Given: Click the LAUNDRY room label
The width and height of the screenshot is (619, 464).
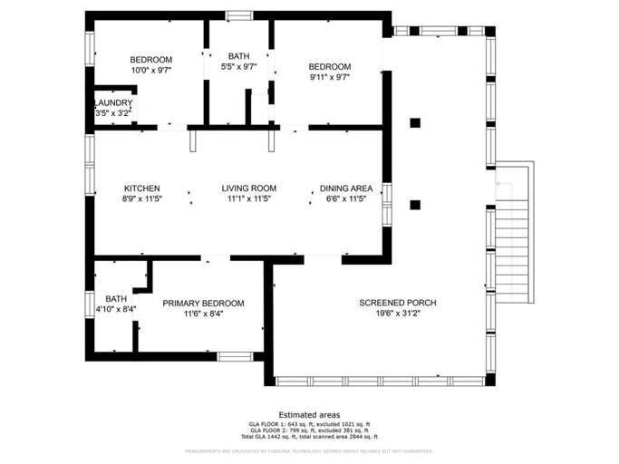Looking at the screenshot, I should coord(114,103).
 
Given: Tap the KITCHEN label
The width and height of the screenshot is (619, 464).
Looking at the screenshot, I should coord(142,188).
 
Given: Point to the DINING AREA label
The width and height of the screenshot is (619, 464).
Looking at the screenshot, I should coord(347,188).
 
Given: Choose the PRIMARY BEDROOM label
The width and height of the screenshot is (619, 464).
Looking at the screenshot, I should coord(203,304).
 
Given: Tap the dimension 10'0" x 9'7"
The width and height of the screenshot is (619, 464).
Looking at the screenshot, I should coord(151,70).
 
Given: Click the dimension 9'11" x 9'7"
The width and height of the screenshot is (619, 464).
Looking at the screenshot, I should coord(329,77).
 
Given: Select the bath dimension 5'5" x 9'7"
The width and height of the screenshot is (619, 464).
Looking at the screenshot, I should coord(239,66).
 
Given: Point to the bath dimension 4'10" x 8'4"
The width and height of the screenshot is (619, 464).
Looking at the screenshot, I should coord(116,309).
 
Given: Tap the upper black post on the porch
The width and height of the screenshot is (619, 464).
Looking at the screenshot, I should coord(415,123).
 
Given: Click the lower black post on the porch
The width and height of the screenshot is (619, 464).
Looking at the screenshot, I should coord(415,205).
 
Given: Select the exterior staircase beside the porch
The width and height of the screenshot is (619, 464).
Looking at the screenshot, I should coord(514,222).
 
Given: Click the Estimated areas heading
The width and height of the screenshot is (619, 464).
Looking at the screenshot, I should coord(309,414).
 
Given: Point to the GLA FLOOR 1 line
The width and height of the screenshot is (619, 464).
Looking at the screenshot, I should coord(309,424).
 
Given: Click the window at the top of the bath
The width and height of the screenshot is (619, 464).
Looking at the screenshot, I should coord(239,14).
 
